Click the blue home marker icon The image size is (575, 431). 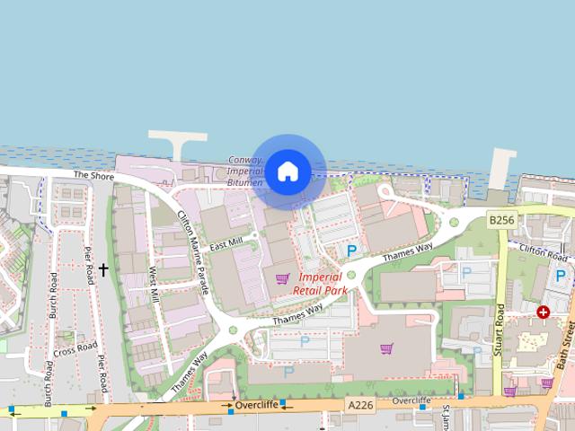[x=287, y=171]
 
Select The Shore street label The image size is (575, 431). [x=93, y=176]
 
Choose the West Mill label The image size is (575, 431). [x=154, y=284]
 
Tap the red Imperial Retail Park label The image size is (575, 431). [x=320, y=284]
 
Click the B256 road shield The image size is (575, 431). [x=501, y=220]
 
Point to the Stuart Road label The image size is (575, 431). [x=500, y=330]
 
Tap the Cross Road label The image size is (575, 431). [x=75, y=347]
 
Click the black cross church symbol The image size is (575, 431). [x=103, y=268]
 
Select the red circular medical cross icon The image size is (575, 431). [x=543, y=312]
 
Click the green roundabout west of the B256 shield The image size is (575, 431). [x=454, y=222]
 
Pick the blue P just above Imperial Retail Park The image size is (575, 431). [x=352, y=251]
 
